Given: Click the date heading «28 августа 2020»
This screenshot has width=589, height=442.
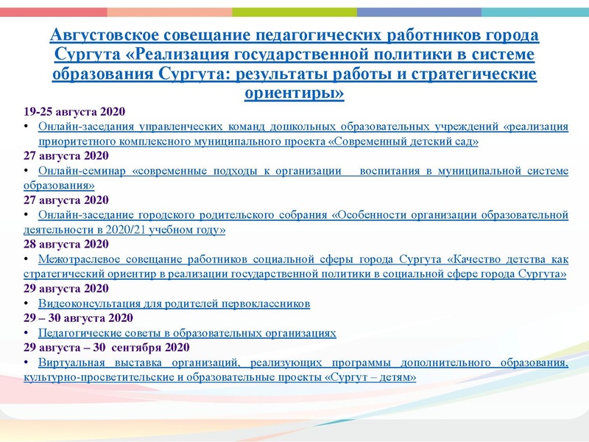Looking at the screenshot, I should pos(66,244).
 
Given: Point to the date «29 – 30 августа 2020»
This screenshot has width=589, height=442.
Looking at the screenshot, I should pos(78,318).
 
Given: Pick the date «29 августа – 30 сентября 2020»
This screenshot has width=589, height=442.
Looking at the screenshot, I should pos(107,347).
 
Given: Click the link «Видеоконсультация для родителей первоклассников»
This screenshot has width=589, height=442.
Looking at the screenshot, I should pos(174,304).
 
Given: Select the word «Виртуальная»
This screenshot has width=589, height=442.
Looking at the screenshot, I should pos(72,362).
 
